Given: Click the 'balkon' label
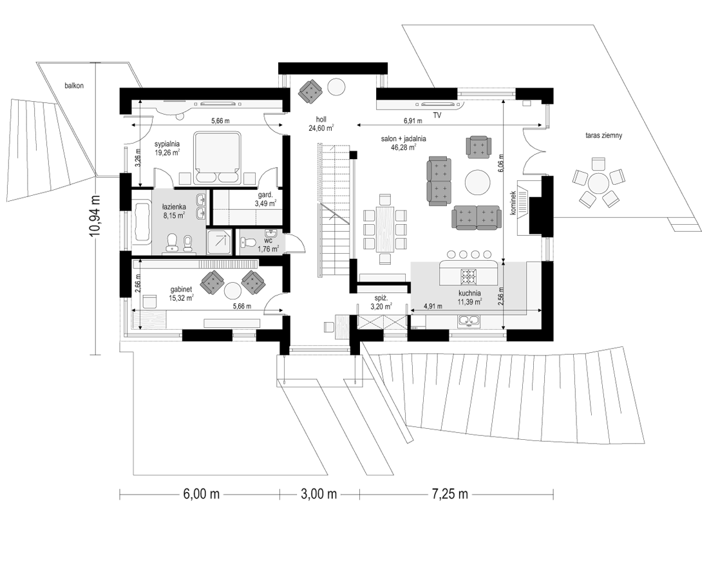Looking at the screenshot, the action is pyautogui.click(x=73, y=86).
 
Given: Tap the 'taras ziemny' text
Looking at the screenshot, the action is pyautogui.click(x=603, y=135).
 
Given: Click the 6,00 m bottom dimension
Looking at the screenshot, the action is pyautogui.click(x=201, y=494).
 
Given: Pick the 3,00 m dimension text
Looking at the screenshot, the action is pyautogui.click(x=319, y=494).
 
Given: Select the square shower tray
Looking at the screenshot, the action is pyautogui.click(x=220, y=241).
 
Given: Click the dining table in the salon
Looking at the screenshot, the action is pyautogui.click(x=385, y=229).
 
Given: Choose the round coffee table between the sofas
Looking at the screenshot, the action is pyautogui.click(x=478, y=182).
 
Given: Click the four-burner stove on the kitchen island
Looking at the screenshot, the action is pyautogui.click(x=469, y=275).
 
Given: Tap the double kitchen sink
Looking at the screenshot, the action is pyautogui.click(x=469, y=321).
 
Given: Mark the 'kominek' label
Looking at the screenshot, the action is pyautogui.click(x=514, y=203).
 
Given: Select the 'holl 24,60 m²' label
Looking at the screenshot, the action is pyautogui.click(x=321, y=124).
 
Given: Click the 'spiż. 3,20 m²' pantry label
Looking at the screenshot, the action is pyautogui.click(x=381, y=302).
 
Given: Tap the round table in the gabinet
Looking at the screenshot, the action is pyautogui.click(x=234, y=290).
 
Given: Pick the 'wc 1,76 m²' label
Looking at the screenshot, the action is pyautogui.click(x=268, y=245).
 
